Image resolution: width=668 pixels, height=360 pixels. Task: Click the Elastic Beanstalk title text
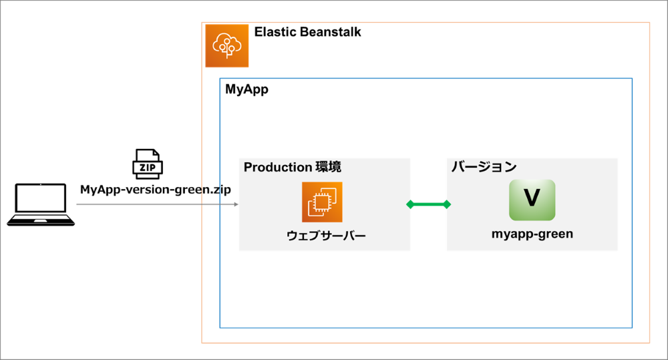click(x=307, y=32)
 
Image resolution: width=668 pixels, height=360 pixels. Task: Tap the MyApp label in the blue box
click(x=246, y=89)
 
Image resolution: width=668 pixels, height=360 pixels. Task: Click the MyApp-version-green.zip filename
click(x=156, y=189)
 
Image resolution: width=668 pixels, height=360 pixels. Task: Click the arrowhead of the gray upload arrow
click(x=236, y=204)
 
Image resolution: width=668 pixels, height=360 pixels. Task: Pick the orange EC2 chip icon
click(x=322, y=202)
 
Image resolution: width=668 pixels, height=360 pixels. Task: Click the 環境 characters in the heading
click(x=328, y=167)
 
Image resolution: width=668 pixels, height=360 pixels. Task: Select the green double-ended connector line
click(x=429, y=204)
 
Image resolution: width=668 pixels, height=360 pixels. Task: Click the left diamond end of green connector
click(x=411, y=204)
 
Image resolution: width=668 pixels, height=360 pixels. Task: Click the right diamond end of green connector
click(x=447, y=204)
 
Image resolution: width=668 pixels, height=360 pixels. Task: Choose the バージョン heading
click(x=484, y=167)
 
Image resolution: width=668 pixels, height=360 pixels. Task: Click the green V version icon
click(x=532, y=200)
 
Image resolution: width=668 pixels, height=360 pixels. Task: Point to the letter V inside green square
click(x=532, y=198)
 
